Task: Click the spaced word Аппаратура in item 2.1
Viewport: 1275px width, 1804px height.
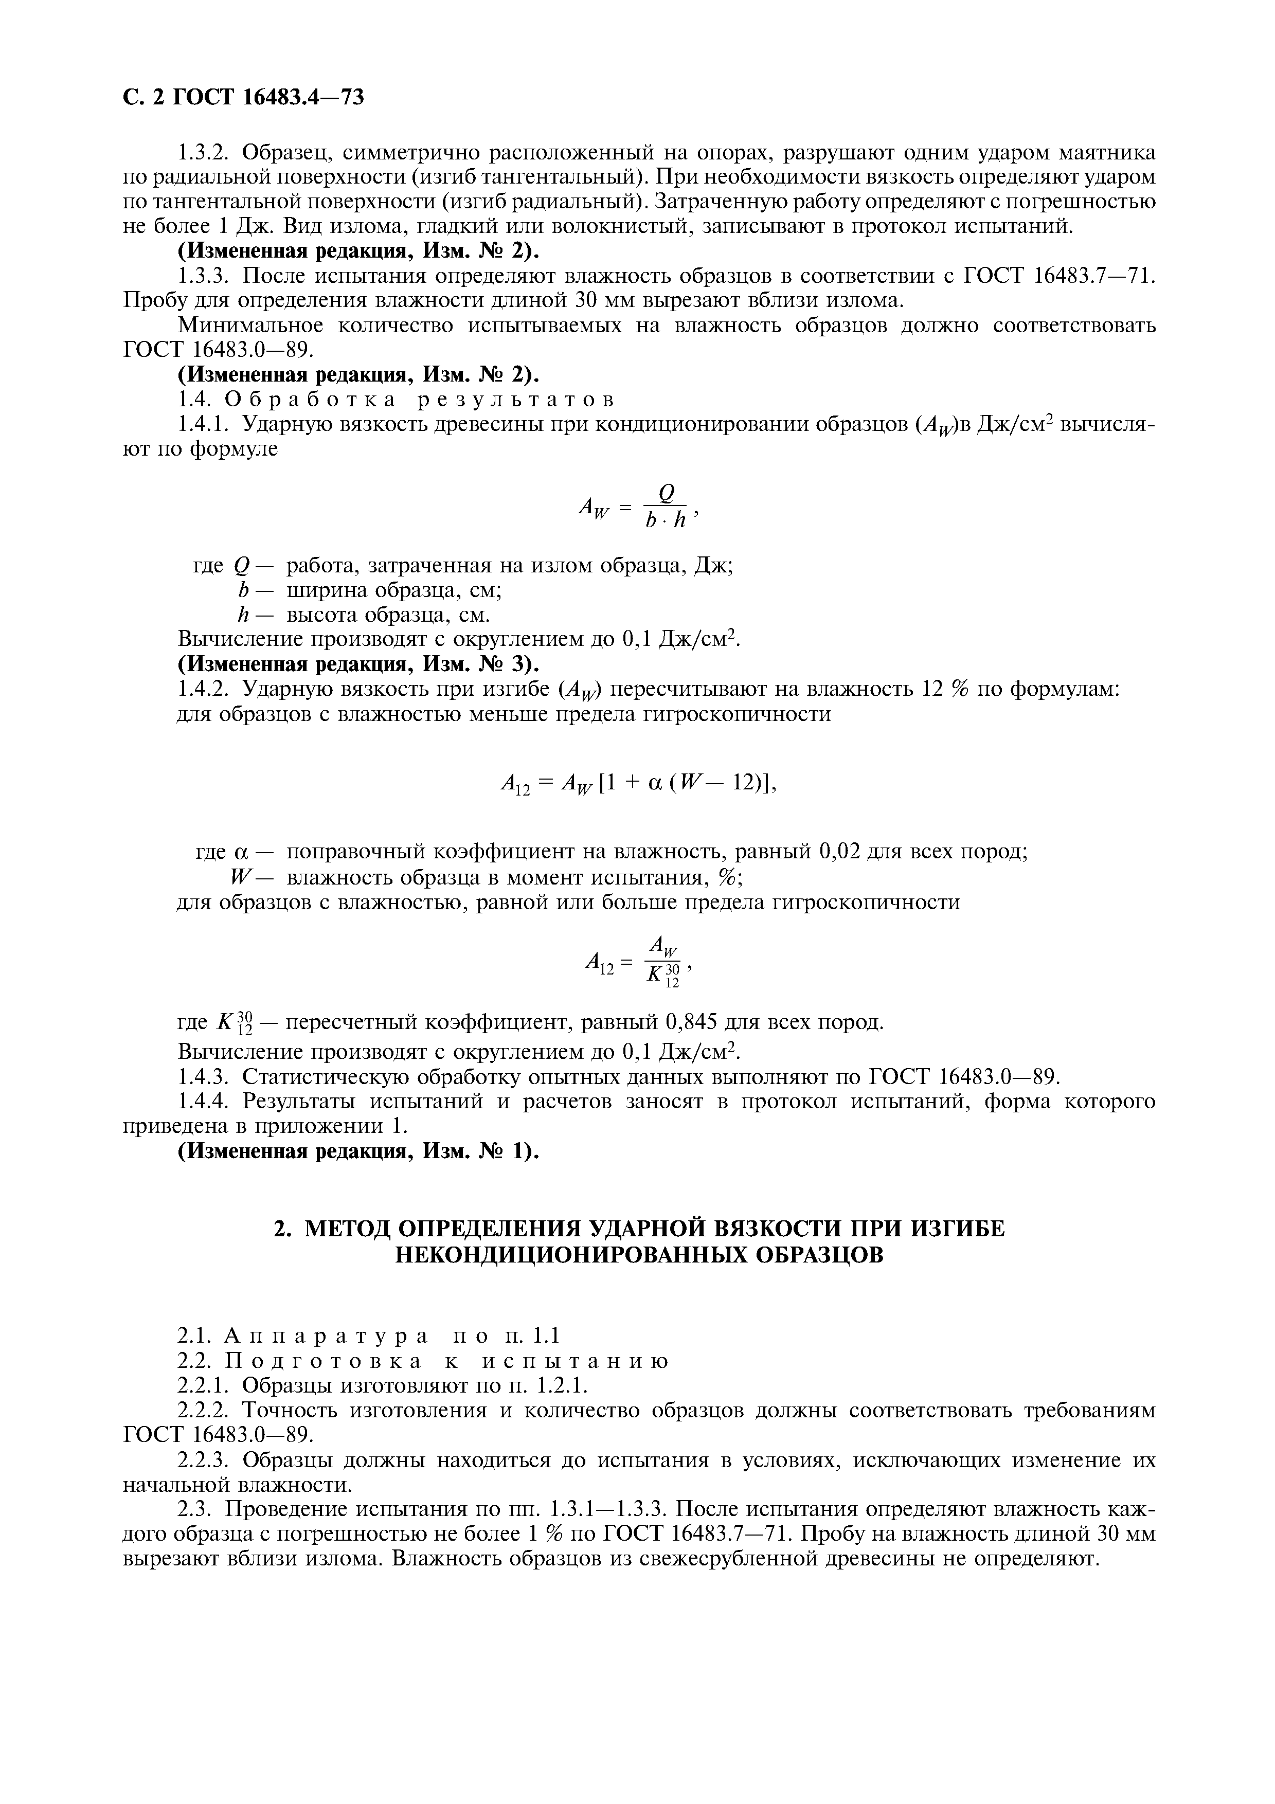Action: click(326, 1336)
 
